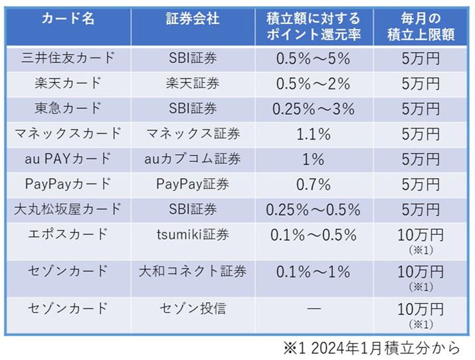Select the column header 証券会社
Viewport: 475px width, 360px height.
click(x=191, y=19)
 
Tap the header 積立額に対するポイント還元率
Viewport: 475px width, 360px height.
click(x=312, y=27)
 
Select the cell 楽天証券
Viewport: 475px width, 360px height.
click(x=191, y=84)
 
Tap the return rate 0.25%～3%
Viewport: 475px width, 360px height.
click(x=312, y=108)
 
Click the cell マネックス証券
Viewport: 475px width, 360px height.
click(x=191, y=134)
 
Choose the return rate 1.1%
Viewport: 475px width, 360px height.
click(x=312, y=134)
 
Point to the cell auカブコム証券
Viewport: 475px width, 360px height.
click(x=191, y=159)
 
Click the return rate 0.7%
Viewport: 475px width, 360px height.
click(x=312, y=184)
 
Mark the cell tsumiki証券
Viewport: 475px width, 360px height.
click(x=191, y=234)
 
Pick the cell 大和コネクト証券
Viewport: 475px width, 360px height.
click(x=191, y=271)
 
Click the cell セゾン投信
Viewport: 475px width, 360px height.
click(x=191, y=308)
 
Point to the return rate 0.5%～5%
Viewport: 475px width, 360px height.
click(x=312, y=58)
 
